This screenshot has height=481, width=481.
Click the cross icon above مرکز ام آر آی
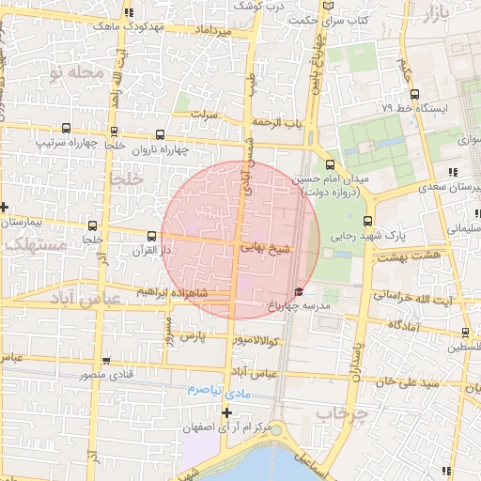pos(226,412)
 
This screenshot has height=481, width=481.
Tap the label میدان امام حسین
pos(331,178)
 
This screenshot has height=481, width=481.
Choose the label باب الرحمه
pos(278,123)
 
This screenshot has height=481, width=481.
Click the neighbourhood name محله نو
pos(73,72)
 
